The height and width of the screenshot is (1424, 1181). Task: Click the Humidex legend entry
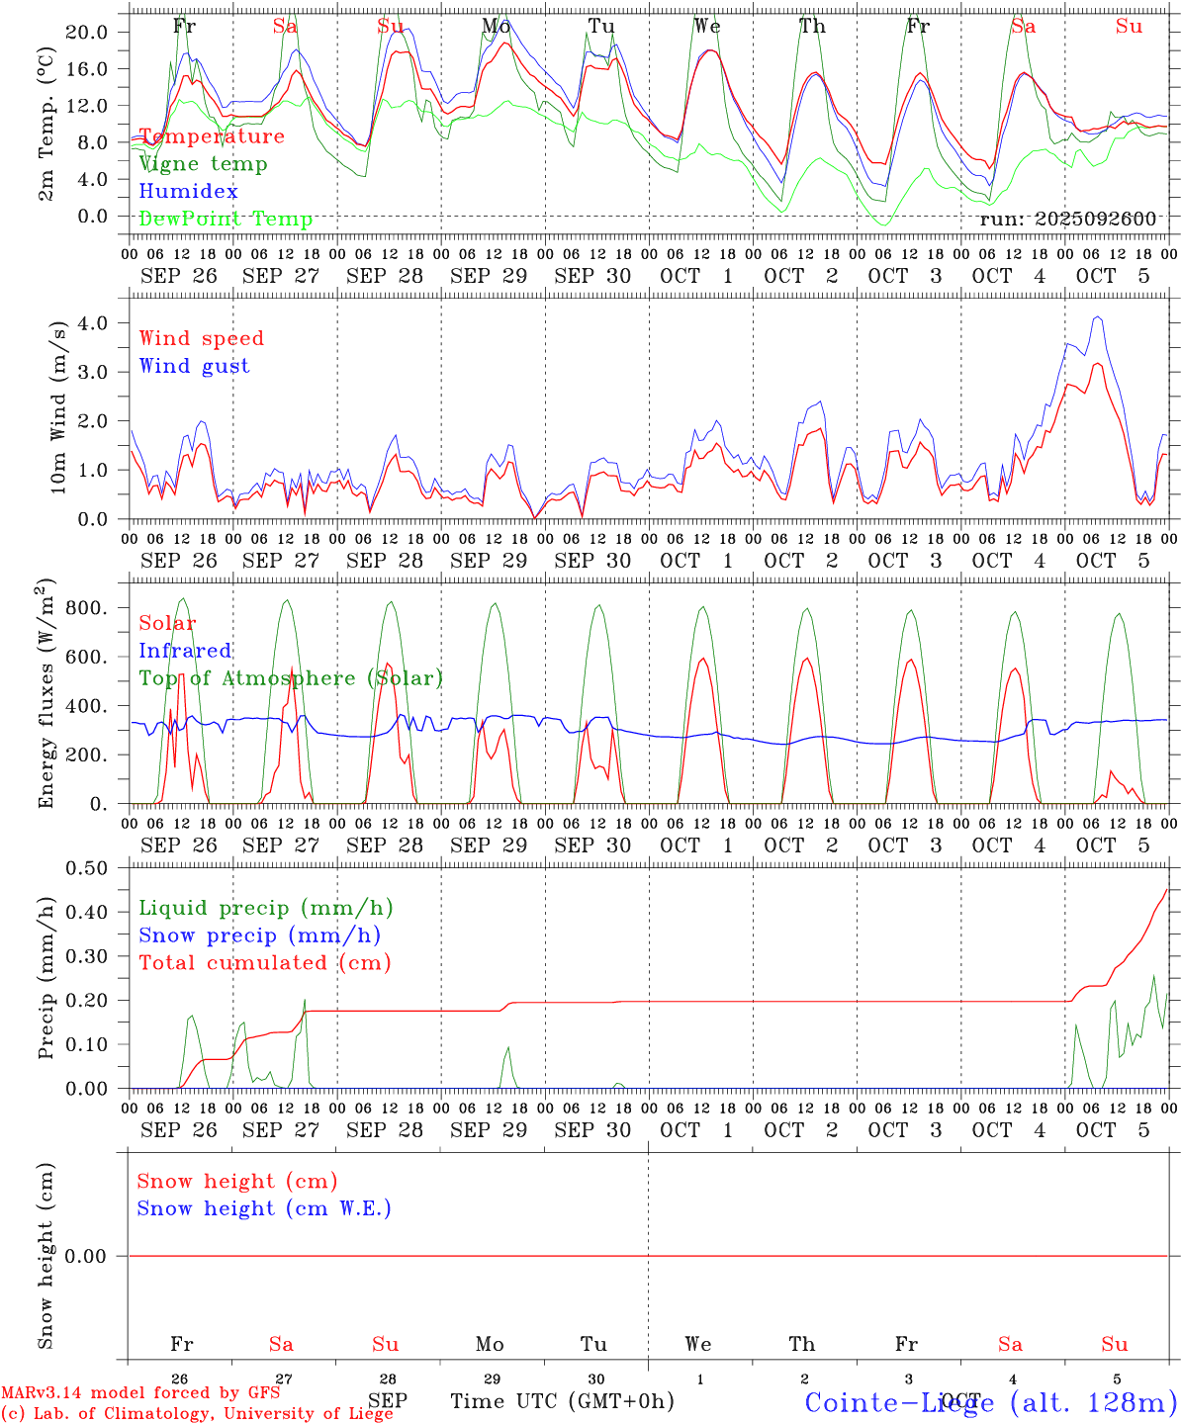pos(188,192)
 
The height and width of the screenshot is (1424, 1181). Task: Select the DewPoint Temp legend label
pos(226,220)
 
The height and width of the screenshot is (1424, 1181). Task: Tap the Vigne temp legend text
pos(203,164)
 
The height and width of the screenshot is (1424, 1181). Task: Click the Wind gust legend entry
pos(194,366)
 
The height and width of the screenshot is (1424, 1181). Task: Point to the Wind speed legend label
pos(201,338)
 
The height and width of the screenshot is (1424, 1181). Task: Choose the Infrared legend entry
pos(185,651)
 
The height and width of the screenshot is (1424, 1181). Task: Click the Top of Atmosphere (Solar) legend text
pos(291,678)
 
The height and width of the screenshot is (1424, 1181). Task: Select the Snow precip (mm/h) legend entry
pos(259,935)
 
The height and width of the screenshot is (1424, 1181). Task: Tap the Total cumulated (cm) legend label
pos(264,963)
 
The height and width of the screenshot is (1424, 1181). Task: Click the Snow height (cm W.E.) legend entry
pos(263,1208)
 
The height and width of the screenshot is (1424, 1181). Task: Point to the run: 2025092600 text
pos(1067,220)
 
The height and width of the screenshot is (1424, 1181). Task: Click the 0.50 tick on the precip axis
pos(86,868)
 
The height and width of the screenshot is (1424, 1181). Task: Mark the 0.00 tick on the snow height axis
pos(86,1256)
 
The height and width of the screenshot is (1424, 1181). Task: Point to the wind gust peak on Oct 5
pos(1097,317)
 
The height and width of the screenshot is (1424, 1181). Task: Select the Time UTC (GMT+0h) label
pos(562,1401)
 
